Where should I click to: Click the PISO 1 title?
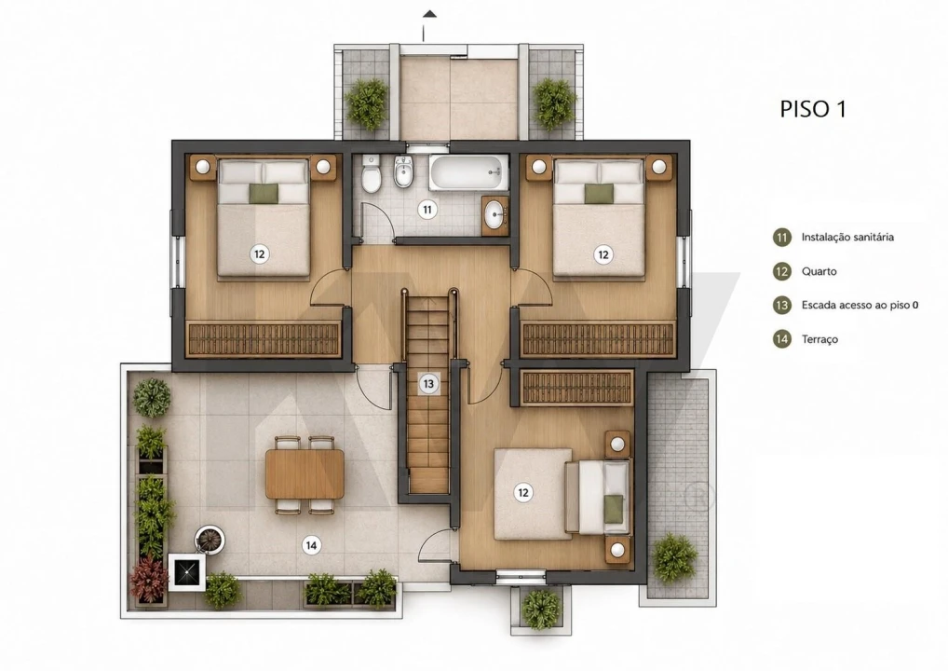(x=813, y=109)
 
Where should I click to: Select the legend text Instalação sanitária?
(x=847, y=237)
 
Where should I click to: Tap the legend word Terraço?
(x=819, y=339)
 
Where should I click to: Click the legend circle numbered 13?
(x=781, y=305)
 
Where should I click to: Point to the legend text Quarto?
(x=819, y=271)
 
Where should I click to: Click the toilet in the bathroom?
(x=371, y=172)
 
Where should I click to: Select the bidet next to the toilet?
(x=402, y=172)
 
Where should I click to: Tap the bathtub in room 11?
(x=468, y=171)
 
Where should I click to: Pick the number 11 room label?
(x=427, y=210)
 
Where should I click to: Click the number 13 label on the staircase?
(x=428, y=384)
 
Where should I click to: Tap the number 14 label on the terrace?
(x=311, y=545)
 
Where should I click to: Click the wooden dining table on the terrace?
(x=305, y=474)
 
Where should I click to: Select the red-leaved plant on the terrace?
(x=149, y=579)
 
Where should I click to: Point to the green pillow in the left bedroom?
(x=264, y=193)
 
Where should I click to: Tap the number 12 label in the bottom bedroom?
(x=523, y=492)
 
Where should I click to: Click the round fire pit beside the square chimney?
(x=210, y=540)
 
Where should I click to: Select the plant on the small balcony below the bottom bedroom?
(x=541, y=609)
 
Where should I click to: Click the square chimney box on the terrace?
(x=187, y=571)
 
